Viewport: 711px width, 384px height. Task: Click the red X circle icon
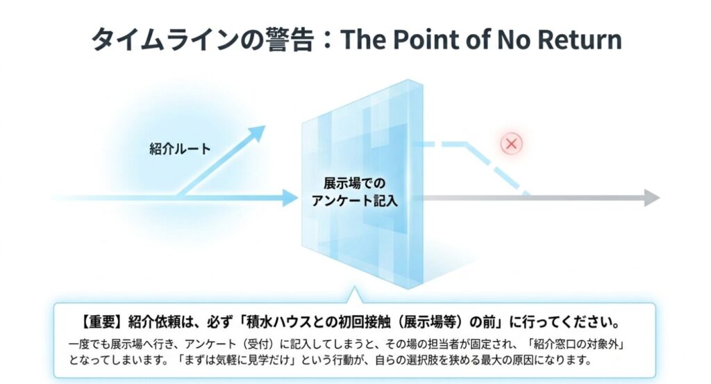coord(512,144)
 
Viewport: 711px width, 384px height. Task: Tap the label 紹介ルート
coord(180,149)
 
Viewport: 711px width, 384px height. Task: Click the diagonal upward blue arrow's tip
coord(258,132)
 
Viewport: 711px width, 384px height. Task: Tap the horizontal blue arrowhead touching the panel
coord(290,198)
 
